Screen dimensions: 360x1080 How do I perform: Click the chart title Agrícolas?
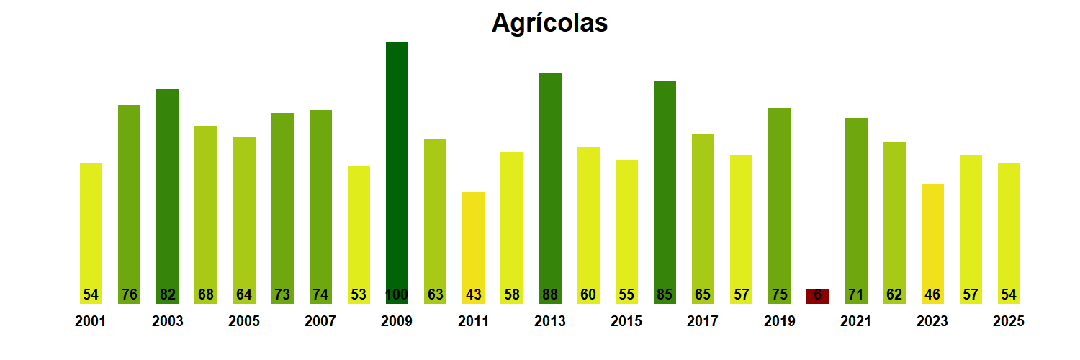(549, 23)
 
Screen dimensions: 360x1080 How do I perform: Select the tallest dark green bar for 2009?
(397, 166)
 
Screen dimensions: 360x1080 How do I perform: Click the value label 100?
(397, 294)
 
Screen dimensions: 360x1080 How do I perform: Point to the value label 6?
(817, 294)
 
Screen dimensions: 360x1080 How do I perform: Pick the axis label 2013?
(549, 322)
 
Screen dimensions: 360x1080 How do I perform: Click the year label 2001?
(91, 322)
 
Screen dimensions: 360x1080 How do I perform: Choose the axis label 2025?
(1009, 322)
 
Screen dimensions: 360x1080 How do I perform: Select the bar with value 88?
(549, 180)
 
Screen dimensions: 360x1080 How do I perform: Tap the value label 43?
(473, 294)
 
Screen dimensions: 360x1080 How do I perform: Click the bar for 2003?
(167, 187)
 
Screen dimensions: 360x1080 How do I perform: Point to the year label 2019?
(779, 322)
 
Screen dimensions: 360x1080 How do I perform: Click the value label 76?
(129, 294)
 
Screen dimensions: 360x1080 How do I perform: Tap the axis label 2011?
(473, 322)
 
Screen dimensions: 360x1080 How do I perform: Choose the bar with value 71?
(855, 202)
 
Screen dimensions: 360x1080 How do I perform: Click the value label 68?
(205, 294)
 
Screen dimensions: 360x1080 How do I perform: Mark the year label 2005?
(243, 322)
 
